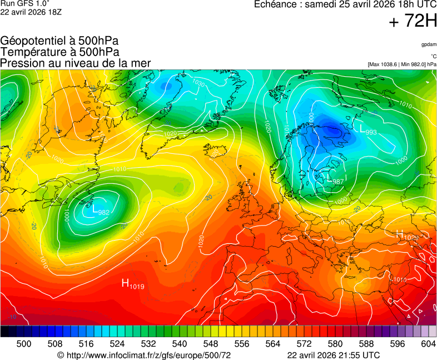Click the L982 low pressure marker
[101, 211]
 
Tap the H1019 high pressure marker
[133, 284]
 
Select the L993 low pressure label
[369, 131]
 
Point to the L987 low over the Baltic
[336, 181]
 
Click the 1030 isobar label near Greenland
[197, 83]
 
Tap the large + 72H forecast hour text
[413, 22]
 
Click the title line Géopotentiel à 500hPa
[59, 41]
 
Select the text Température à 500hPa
[59, 52]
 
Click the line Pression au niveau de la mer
[76, 63]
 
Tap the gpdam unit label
[429, 44]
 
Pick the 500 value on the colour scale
[24, 344]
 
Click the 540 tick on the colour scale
[180, 344]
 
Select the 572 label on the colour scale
[304, 344]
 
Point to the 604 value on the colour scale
[428, 344]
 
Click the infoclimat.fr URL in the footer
[145, 355]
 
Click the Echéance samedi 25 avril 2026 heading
[345, 4]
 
